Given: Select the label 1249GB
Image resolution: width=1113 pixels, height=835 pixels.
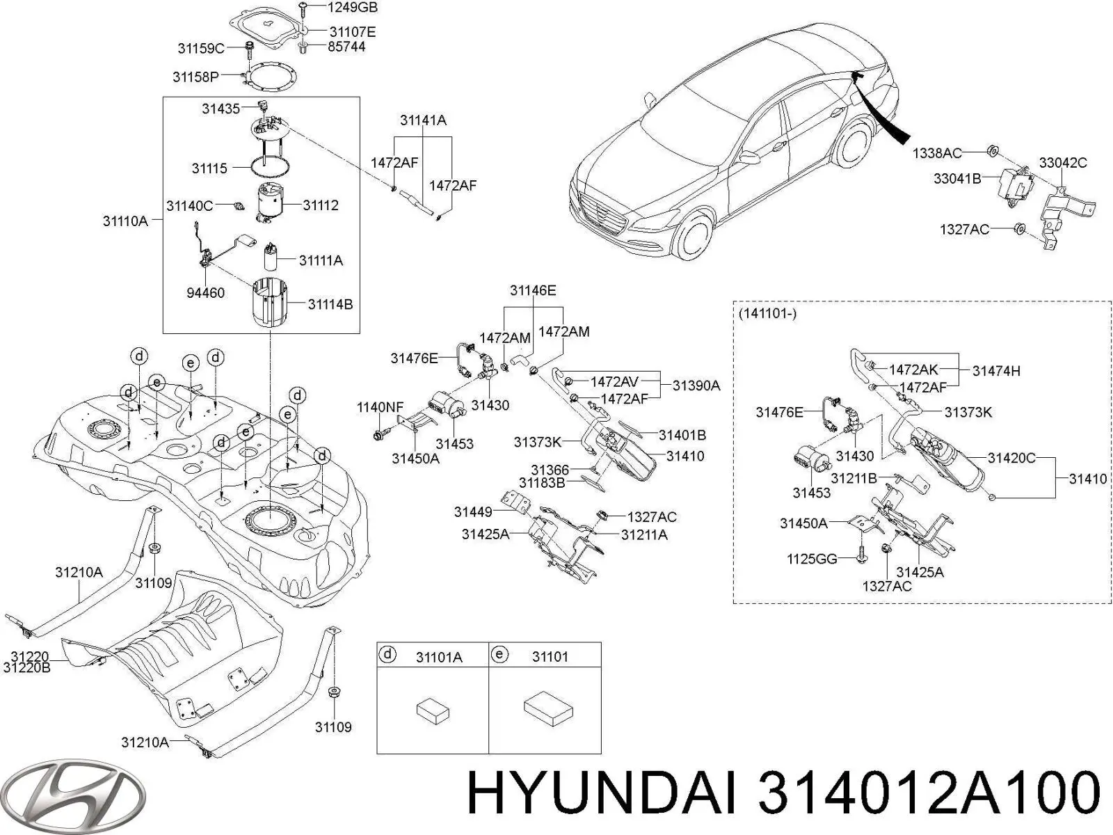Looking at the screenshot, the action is coord(352,8).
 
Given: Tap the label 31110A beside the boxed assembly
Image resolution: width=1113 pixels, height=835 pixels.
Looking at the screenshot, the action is coord(125,221).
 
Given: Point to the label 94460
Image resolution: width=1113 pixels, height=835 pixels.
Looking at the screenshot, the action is coord(205,293).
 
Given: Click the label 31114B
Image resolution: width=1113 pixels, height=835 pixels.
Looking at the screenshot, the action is coord(330,305).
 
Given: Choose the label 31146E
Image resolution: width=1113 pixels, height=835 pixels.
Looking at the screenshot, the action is coord(533,290).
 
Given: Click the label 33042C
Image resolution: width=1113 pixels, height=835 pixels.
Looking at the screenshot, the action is coord(1063,163).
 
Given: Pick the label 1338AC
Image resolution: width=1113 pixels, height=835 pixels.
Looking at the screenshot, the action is coord(937,153).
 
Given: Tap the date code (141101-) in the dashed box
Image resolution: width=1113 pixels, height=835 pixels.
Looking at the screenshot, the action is coord(767,314).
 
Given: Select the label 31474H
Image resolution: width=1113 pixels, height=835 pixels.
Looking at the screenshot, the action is coord(996,371).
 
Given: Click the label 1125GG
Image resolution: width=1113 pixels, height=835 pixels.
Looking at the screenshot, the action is coord(812,559).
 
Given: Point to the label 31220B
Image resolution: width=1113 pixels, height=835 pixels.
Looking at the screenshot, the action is coord(27,668).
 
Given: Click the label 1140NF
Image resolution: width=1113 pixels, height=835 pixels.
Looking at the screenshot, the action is coord(381,407).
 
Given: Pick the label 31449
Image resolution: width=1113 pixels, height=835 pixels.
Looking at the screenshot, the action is coord(472,512).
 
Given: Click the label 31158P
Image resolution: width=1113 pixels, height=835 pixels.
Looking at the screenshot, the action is coord(195,77).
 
